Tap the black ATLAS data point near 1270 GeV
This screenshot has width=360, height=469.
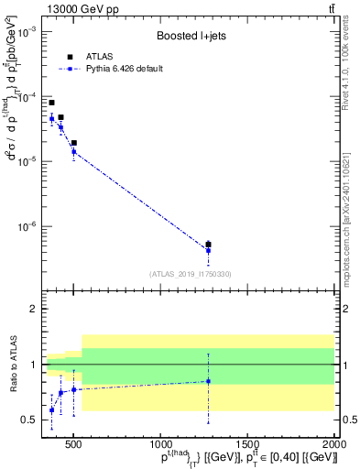[208, 245]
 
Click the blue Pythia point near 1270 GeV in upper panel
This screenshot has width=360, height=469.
[208, 251]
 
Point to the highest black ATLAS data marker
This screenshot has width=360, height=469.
[51, 103]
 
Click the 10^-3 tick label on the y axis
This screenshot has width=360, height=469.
[26, 31]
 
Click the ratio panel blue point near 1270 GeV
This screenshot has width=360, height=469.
[208, 381]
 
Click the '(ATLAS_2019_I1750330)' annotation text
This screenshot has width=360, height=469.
[190, 274]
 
